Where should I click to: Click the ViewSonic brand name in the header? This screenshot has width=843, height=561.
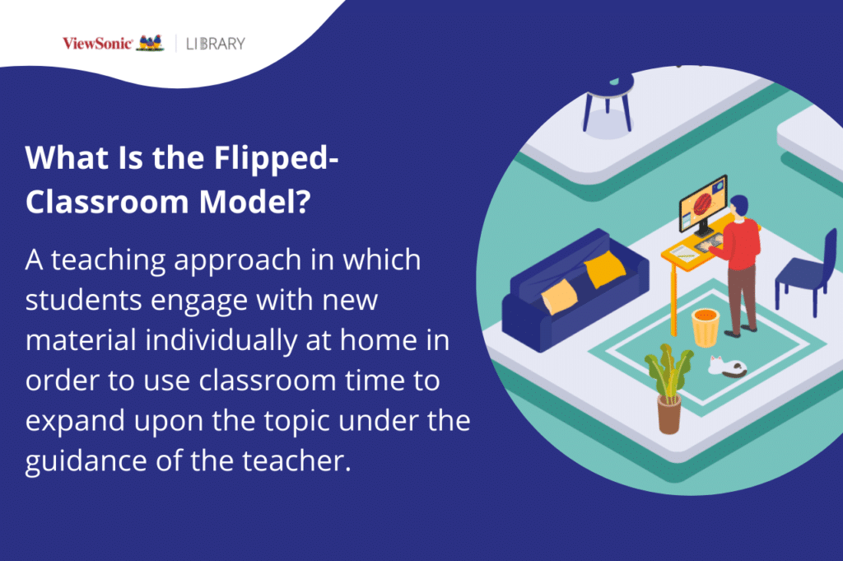pos(96,43)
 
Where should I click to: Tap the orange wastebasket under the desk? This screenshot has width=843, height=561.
pos(706,326)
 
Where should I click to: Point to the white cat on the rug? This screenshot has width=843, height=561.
pos(727,366)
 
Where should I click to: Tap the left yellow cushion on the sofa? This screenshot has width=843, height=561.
pos(559,295)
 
